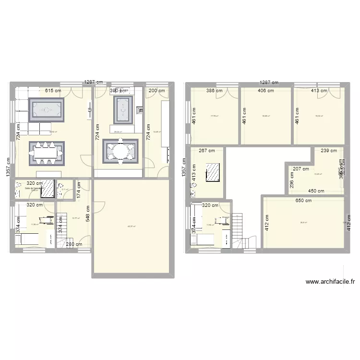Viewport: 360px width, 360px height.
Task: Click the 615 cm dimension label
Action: coord(53,90)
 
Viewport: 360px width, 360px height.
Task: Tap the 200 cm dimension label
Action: coord(156,90)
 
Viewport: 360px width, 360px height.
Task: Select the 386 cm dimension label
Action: coord(215,90)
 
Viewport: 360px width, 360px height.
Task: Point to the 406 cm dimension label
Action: coord(266,90)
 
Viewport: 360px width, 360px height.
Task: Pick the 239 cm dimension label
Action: coord(329,150)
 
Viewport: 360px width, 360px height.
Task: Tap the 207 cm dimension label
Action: coord(301,168)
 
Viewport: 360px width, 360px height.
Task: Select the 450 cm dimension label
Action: coord(316,191)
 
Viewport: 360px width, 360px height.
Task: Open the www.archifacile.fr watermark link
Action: coord(330,282)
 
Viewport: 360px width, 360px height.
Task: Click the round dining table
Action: coord(120,151)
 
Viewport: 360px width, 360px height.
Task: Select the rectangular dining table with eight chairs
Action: coord(46,152)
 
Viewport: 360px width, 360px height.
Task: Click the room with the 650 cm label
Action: coord(303,223)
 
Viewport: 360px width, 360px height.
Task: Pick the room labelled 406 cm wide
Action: coord(266,118)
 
